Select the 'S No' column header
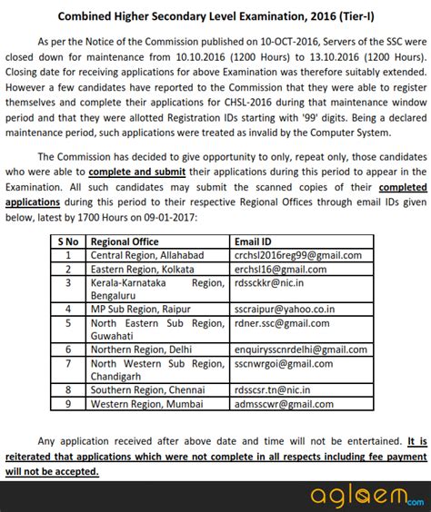(67, 241)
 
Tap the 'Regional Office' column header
(125, 241)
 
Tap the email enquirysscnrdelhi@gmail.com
(299, 349)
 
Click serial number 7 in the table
(67, 362)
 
